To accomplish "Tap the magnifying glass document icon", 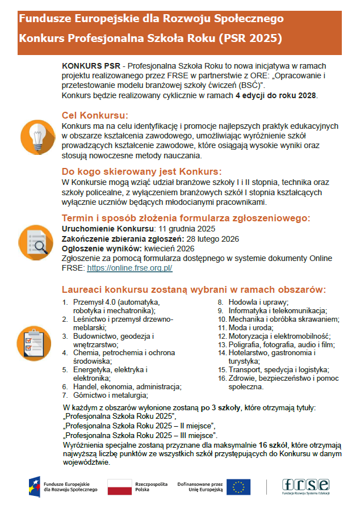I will tap(37, 241).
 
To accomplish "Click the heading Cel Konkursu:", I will tap(95, 115).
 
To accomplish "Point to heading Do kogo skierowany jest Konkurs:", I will tap(141, 171).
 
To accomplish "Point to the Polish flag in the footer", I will tap(119, 486).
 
